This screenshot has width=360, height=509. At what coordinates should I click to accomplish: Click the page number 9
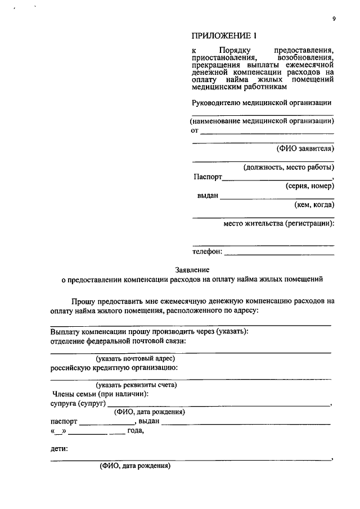(x=334, y=19)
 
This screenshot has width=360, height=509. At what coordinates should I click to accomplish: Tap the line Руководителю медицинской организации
(x=262, y=102)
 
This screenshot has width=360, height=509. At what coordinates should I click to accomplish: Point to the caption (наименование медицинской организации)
(x=262, y=121)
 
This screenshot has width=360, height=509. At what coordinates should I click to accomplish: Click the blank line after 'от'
(x=267, y=133)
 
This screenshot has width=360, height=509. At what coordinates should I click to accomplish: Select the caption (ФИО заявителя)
(x=305, y=149)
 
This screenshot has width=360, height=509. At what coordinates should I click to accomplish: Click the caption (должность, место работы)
(x=289, y=168)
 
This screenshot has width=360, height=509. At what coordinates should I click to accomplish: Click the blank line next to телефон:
(x=279, y=254)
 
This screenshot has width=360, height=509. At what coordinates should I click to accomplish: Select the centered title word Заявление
(x=192, y=269)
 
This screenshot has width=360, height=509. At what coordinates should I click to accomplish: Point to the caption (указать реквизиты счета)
(x=136, y=385)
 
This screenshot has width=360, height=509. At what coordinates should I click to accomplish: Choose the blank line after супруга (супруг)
(x=219, y=404)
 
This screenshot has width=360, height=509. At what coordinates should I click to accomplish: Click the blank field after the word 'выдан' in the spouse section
(x=247, y=422)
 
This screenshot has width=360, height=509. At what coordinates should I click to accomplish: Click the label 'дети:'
(x=59, y=449)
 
